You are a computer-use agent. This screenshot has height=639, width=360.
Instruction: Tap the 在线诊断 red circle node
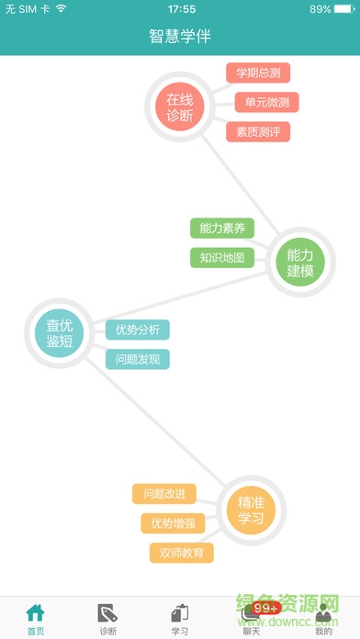click(180, 106)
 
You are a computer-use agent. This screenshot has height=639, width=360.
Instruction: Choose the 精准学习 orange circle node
click(251, 510)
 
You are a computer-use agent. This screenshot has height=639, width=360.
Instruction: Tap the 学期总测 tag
click(258, 73)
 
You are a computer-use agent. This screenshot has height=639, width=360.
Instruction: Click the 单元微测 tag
click(266, 102)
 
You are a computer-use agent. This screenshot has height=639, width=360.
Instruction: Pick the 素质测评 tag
click(258, 131)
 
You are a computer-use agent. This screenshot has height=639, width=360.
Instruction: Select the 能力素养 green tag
click(221, 228)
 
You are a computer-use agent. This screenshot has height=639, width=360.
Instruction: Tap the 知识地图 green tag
click(221, 257)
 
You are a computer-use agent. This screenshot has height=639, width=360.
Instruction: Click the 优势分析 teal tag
click(137, 330)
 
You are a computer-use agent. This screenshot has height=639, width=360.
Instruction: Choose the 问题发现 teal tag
click(137, 359)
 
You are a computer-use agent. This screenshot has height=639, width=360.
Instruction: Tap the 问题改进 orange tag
click(164, 494)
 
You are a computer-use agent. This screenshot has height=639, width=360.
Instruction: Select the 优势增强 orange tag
click(173, 523)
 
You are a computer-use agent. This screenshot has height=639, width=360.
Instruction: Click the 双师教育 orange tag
click(181, 553)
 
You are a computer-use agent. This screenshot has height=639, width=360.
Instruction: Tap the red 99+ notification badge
click(265, 608)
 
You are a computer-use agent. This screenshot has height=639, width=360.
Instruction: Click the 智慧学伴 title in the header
click(180, 37)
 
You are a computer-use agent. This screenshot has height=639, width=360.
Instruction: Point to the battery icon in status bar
click(345, 9)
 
